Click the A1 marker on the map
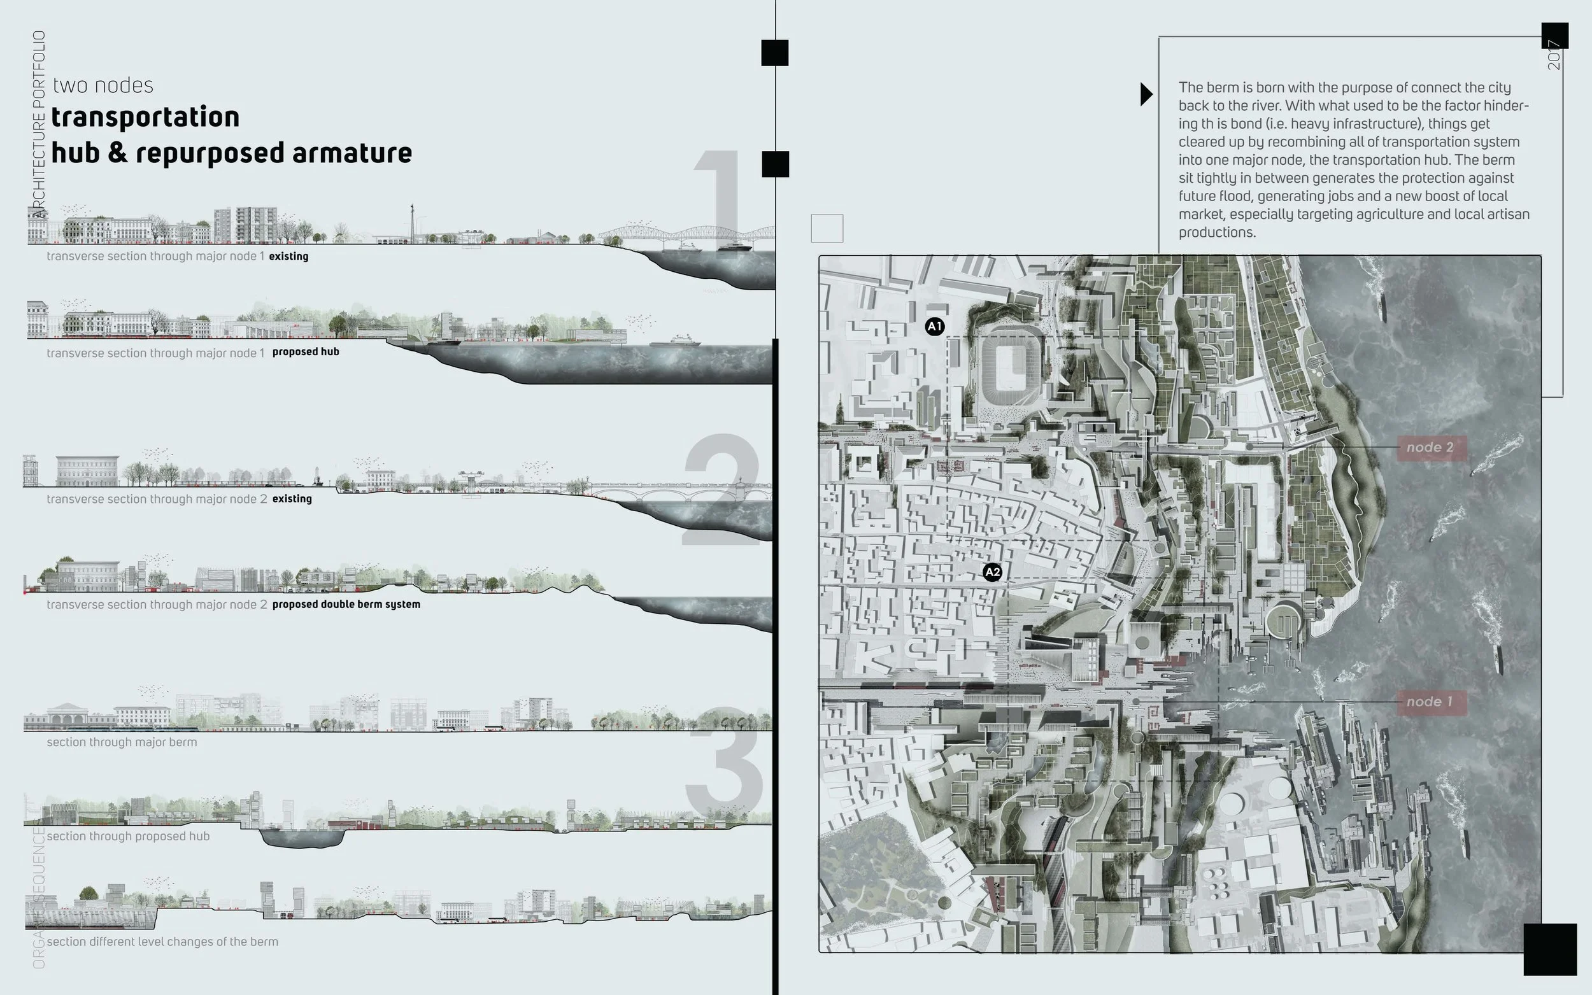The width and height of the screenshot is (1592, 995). pyautogui.click(x=935, y=327)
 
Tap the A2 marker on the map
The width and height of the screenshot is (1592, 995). pyautogui.click(x=992, y=572)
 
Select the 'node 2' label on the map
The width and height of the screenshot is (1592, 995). pyautogui.click(x=1430, y=448)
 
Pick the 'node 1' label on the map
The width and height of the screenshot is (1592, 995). pyautogui.click(x=1430, y=702)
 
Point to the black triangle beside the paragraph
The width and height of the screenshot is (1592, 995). pyautogui.click(x=1146, y=94)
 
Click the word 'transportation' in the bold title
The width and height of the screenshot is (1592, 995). pyautogui.click(x=145, y=116)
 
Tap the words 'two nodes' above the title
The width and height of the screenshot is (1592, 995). pyautogui.click(x=103, y=85)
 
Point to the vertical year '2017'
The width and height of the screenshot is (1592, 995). pyautogui.click(x=1554, y=55)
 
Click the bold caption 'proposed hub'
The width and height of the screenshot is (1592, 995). pyautogui.click(x=306, y=352)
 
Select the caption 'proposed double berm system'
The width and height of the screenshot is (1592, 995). pyautogui.click(x=346, y=604)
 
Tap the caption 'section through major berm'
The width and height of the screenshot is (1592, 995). pyautogui.click(x=122, y=742)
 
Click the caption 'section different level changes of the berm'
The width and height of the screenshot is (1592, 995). pyautogui.click(x=162, y=942)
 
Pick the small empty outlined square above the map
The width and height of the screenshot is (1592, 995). pyautogui.click(x=827, y=229)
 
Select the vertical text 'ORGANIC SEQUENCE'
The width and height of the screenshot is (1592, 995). pyautogui.click(x=39, y=898)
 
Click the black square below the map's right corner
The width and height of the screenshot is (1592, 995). pyautogui.click(x=1550, y=949)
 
